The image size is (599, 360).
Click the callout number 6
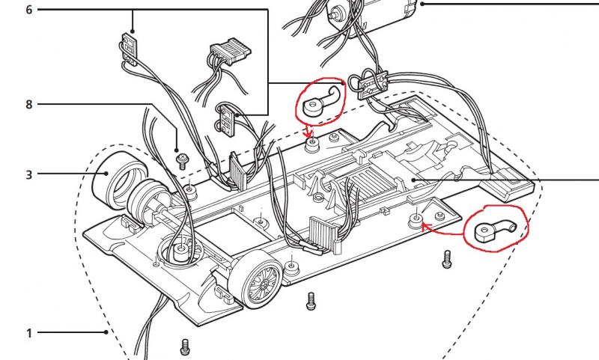pos(29,10)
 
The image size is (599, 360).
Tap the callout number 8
pos(29,104)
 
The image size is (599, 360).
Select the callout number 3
pos(29,174)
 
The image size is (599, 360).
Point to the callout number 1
pos(29,332)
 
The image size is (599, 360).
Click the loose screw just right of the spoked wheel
pos(311,300)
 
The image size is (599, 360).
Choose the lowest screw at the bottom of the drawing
pos(185,346)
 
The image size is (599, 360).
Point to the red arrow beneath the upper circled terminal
pos(309,132)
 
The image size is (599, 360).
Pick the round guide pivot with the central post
pos(179,248)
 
